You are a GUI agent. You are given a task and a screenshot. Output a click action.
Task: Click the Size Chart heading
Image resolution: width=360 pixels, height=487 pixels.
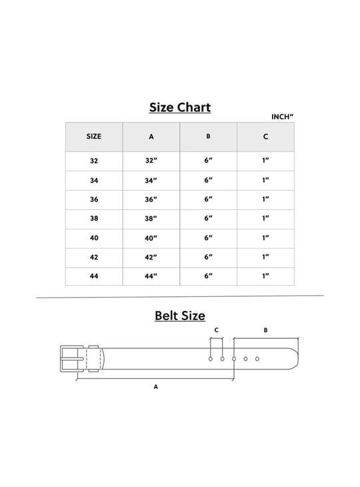pos(180,107)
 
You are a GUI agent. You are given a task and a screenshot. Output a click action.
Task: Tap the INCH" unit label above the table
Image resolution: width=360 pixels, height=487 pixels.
pos(282,117)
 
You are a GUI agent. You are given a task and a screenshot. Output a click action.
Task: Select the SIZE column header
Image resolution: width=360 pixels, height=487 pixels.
pos(94,136)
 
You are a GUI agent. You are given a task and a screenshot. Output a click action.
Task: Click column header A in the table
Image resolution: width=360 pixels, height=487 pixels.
pos(151,137)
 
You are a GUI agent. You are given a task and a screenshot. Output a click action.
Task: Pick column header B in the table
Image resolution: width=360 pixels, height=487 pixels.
pos(208,136)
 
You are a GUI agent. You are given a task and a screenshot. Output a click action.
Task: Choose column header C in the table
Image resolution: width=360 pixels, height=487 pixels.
pos(265,137)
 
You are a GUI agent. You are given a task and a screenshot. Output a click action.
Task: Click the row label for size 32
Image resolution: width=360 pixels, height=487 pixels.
pos(94,161)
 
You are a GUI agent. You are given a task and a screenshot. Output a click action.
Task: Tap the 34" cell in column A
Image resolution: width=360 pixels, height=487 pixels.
pos(151,180)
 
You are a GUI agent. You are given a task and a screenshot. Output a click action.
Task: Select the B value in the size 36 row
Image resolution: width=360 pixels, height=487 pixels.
pos(208,199)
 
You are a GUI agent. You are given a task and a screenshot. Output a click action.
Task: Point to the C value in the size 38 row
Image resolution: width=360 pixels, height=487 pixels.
pos(265,218)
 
